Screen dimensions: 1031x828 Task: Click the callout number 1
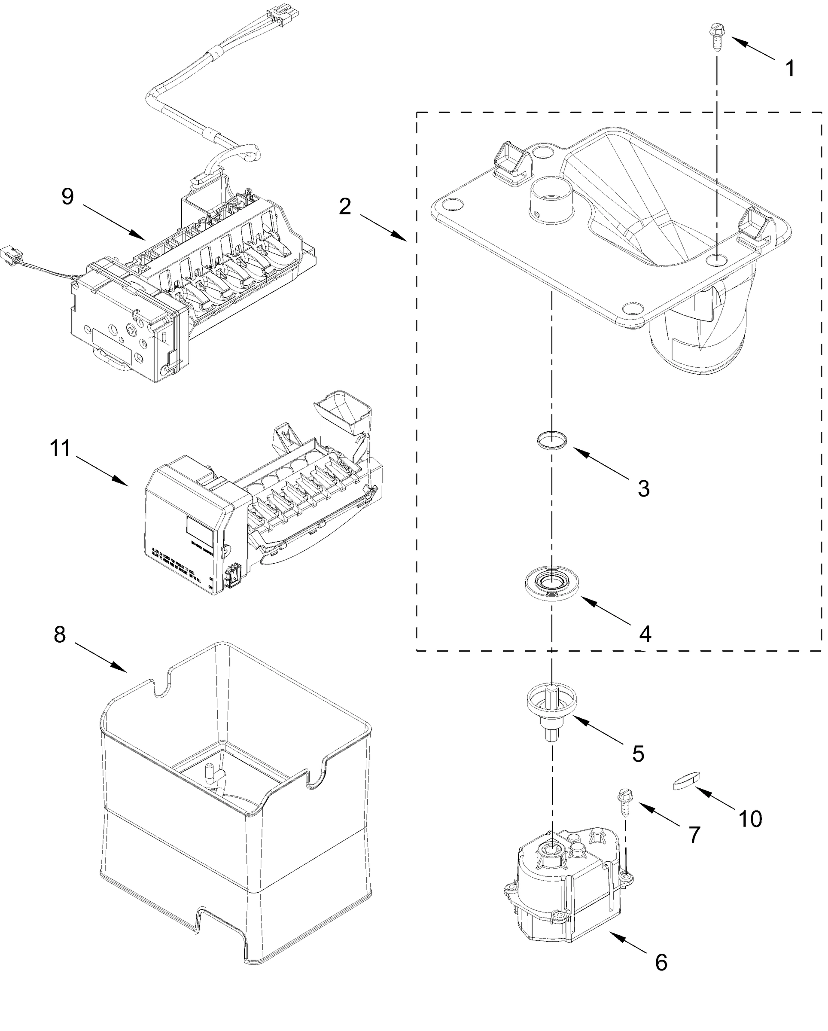790,69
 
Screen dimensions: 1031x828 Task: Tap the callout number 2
345,207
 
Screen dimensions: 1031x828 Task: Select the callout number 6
661,962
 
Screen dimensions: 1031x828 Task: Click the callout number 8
59,634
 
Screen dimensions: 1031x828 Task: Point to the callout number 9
68,197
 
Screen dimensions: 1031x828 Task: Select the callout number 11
60,448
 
